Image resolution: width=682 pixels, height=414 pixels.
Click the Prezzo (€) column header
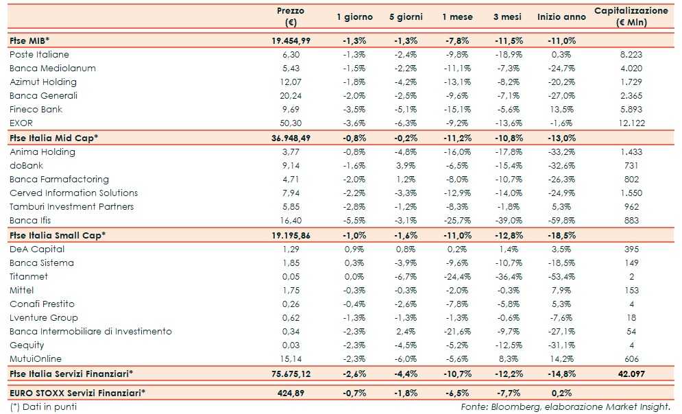pyautogui.click(x=291, y=16)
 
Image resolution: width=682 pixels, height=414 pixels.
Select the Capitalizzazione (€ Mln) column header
pyautogui.click(x=631, y=16)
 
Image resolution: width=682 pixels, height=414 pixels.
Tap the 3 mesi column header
pyautogui.click(x=508, y=16)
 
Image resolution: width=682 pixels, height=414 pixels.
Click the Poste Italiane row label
pyautogui.click(x=39, y=54)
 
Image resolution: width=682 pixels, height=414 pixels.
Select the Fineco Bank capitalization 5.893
pyautogui.click(x=631, y=110)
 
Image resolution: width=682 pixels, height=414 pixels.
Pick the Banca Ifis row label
pyautogui.click(x=30, y=220)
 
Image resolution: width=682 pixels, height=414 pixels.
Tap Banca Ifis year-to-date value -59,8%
pyautogui.click(x=561, y=220)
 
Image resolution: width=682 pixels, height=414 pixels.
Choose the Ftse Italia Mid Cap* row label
pyautogui.click(x=53, y=138)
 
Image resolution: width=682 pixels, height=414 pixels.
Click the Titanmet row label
pyautogui.click(x=28, y=276)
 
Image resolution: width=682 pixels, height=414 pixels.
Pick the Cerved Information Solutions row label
pyautogui.click(x=73, y=193)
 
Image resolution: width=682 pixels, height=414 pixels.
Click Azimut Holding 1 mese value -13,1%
pyautogui.click(x=456, y=82)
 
